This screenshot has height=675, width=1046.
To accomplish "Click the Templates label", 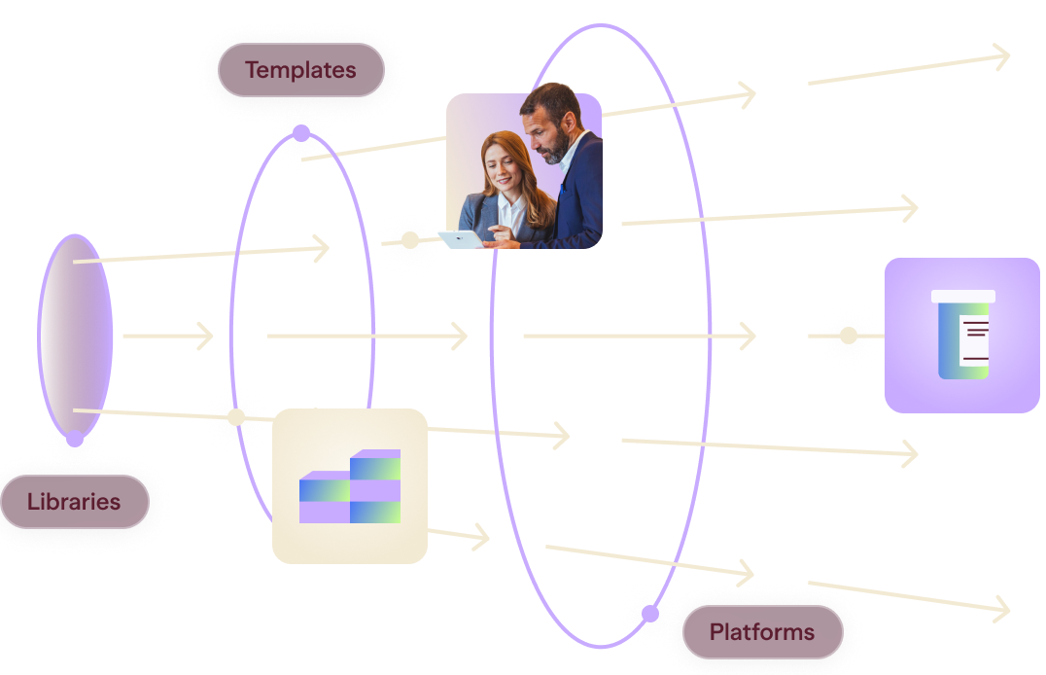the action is pyautogui.click(x=300, y=70).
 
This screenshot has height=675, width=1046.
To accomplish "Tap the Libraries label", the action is pyautogui.click(x=74, y=502).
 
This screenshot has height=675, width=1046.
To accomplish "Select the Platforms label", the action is pyautogui.click(x=762, y=631).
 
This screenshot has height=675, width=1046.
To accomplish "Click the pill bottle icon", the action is pyautogui.click(x=962, y=335).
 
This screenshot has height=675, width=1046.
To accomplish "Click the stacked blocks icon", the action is pyautogui.click(x=350, y=486).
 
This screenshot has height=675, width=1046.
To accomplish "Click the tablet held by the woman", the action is pyautogui.click(x=460, y=239).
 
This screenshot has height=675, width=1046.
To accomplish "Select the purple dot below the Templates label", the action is pyautogui.click(x=300, y=133).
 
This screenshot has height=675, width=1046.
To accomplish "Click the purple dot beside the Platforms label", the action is pyautogui.click(x=649, y=614).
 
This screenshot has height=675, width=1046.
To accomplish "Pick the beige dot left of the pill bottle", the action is pyautogui.click(x=848, y=336).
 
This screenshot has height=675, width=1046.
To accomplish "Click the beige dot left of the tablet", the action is pyautogui.click(x=409, y=239).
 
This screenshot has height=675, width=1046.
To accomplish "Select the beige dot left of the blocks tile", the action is pyautogui.click(x=236, y=417).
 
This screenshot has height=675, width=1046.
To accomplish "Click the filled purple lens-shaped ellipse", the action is pyautogui.click(x=75, y=336).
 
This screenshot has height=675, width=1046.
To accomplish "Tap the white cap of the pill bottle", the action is pyautogui.click(x=962, y=297).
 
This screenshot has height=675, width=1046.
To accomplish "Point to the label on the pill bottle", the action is pyautogui.click(x=974, y=340).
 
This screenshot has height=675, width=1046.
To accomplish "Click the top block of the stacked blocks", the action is pyautogui.click(x=375, y=464).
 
